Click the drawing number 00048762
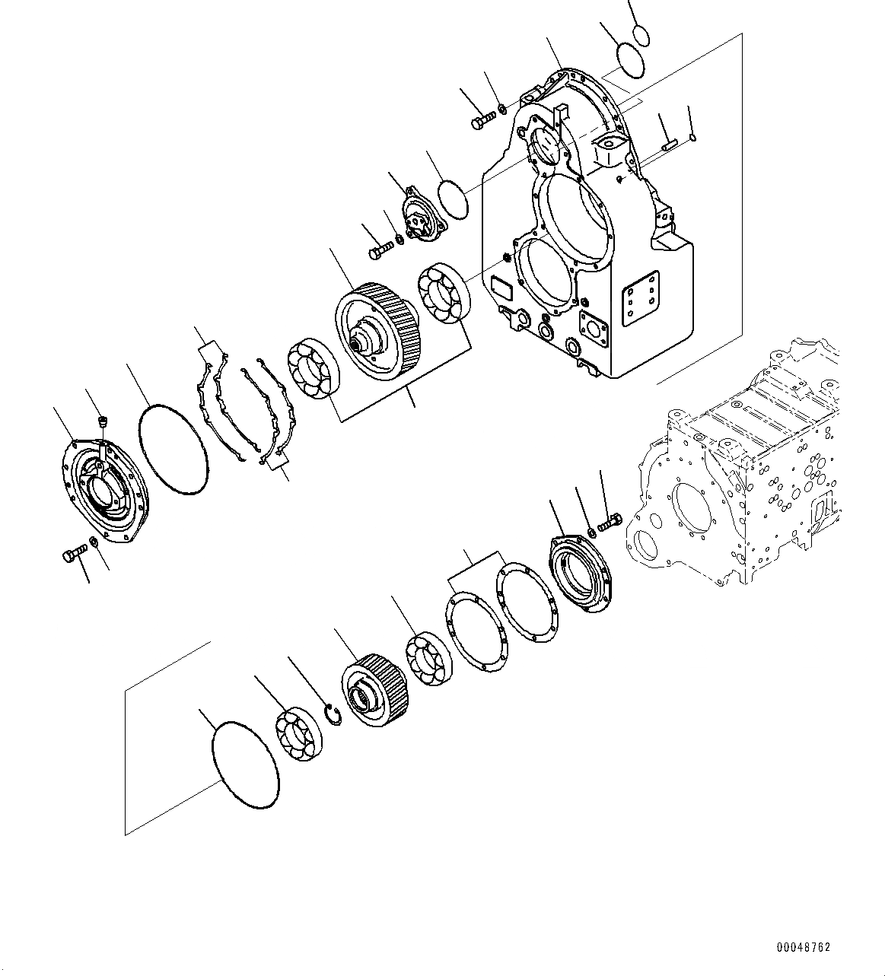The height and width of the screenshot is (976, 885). pos(803,948)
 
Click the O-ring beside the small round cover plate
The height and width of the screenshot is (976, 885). pos(455,199)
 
